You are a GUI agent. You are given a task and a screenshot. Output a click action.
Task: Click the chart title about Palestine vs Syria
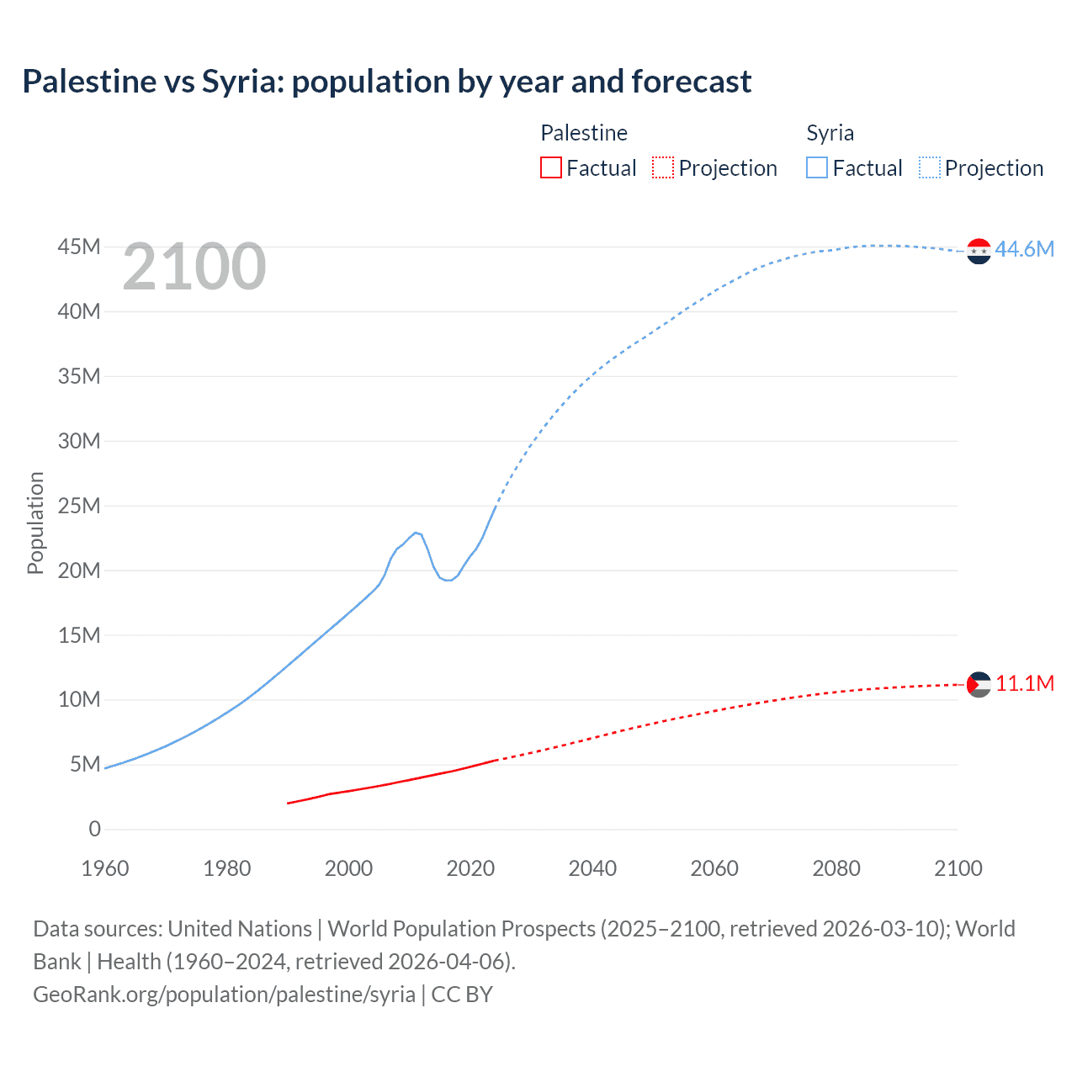point(386,82)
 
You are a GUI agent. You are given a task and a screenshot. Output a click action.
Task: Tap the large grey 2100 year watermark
point(194,267)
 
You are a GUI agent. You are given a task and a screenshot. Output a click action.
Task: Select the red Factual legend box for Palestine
point(550,167)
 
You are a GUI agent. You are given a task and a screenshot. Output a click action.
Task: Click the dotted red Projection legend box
point(663,167)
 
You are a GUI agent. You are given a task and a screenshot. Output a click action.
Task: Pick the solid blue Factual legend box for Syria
point(816,167)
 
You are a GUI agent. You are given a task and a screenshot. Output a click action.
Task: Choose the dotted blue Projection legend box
point(930,167)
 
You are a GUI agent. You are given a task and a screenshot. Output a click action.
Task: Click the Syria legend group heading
point(830,133)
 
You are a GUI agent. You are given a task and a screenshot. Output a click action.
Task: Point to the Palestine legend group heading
point(583,133)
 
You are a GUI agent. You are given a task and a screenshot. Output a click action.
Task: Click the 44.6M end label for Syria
point(1024,249)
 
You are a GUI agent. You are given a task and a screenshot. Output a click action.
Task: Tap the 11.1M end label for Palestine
point(1024,683)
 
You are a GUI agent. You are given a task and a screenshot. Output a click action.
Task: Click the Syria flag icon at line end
point(979,251)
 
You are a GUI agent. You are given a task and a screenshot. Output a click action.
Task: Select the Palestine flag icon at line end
point(979,684)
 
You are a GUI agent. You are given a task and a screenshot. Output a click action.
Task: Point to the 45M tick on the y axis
point(79,247)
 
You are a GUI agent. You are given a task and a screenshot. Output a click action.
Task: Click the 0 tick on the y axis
point(94,829)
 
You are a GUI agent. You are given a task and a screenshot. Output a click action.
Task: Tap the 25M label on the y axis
point(79,506)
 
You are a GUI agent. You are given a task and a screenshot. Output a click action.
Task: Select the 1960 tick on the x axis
point(105,868)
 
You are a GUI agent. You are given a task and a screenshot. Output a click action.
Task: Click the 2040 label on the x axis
point(592,868)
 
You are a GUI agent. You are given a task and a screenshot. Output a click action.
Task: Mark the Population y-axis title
point(35,523)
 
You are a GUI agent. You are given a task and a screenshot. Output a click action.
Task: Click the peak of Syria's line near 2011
point(416,533)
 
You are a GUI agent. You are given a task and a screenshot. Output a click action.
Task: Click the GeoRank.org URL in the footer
point(224,995)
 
